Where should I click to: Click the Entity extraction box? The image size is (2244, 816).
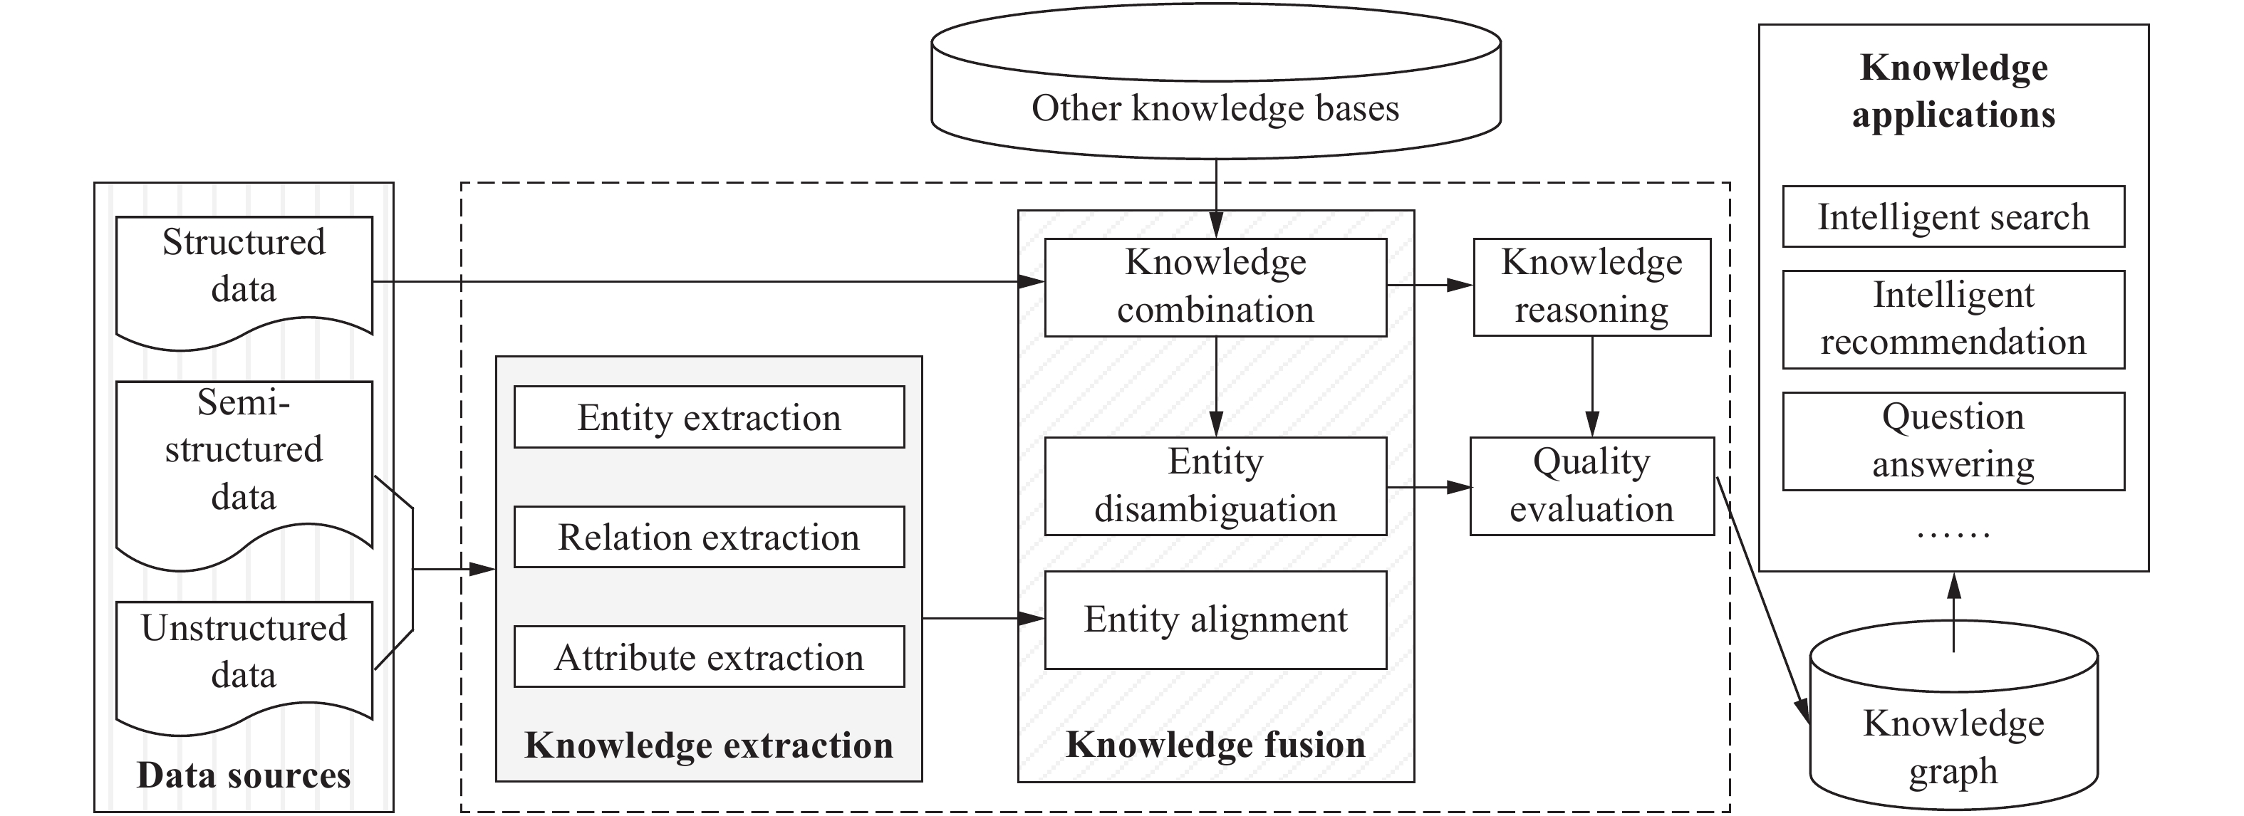[708, 417]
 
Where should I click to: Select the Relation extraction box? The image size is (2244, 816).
[708, 538]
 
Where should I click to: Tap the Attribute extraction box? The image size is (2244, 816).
[708, 657]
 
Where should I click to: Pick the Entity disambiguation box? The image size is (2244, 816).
[1215, 485]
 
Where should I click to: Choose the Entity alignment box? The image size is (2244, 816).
[1215, 619]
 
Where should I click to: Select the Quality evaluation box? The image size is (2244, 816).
[1591, 485]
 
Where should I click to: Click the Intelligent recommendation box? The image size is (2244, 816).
[1953, 319]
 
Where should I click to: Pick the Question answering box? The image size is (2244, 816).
[1953, 441]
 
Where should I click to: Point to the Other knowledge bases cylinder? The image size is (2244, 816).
[1215, 96]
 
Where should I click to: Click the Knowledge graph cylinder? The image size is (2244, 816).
[1953, 731]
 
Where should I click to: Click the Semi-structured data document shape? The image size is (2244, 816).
[244, 461]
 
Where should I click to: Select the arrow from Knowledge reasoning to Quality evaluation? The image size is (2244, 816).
[1591, 386]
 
